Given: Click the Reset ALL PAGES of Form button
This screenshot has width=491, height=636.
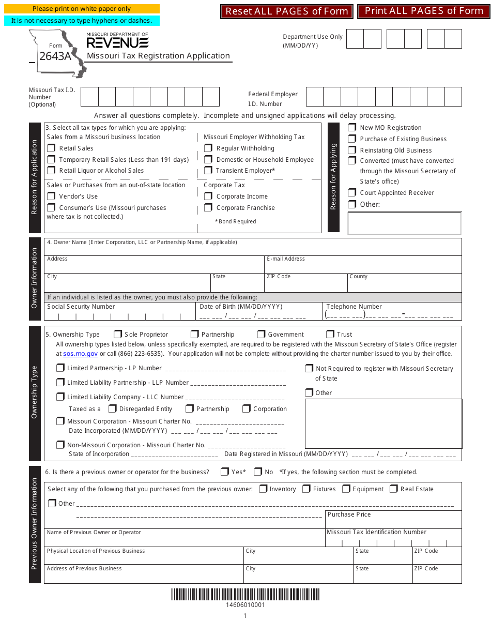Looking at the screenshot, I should [x=287, y=11].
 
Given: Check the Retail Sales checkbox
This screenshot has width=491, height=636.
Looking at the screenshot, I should [x=51, y=148].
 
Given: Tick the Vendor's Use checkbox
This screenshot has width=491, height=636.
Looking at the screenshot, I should [x=51, y=196].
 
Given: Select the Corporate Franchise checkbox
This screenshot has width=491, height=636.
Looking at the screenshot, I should [x=208, y=208].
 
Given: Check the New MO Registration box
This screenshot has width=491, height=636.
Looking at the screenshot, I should [x=352, y=128].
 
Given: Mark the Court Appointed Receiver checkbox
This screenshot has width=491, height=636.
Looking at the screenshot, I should [x=352, y=193].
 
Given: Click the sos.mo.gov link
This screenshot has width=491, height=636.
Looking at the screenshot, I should [x=80, y=354].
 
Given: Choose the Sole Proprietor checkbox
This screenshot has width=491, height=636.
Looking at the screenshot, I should [x=118, y=335].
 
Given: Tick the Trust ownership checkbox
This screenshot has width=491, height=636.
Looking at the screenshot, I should [x=330, y=335].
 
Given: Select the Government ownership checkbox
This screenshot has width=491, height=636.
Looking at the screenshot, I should [x=261, y=335].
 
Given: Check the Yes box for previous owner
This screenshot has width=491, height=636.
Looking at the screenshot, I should [x=224, y=472].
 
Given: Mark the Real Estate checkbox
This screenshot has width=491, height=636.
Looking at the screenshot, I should [x=394, y=489].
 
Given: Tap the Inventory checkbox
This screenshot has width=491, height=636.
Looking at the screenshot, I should [x=263, y=489].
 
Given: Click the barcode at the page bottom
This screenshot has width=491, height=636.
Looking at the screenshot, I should [x=245, y=595].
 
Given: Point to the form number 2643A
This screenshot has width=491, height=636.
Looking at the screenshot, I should [x=55, y=56].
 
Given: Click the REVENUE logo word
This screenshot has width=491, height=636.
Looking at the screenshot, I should [x=117, y=43].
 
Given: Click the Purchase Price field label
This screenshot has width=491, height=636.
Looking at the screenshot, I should [x=349, y=514].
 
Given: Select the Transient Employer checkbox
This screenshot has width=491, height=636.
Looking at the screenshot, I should [x=208, y=171].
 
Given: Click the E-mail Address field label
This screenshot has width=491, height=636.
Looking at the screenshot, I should [x=286, y=259].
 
